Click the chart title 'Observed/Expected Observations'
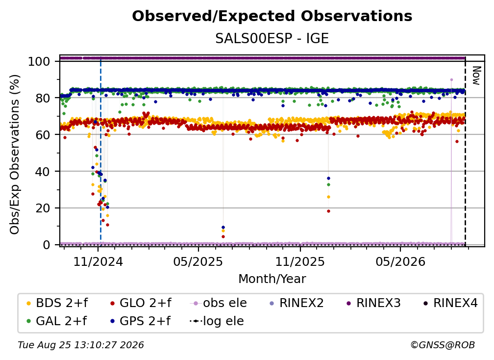pos(272,16)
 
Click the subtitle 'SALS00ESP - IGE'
pos(272,38)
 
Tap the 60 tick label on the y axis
pos(43,134)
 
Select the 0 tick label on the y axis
pos(47,245)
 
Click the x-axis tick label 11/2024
pos(98,261)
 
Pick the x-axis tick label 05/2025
pos(198,261)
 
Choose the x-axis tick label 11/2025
pos(300,261)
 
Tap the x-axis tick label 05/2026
pos(400,261)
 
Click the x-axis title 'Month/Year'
pos(272,279)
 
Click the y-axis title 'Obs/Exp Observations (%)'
pos(15,154)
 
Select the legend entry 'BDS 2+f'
pos(57,303)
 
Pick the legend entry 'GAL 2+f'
pos(57,321)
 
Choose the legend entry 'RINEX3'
pos(373,303)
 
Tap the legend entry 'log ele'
pos(217,321)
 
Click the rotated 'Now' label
pos(476,76)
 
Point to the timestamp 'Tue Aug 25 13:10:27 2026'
pos(81,345)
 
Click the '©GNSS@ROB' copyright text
pos(443,345)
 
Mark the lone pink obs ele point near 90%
pos(451,80)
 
